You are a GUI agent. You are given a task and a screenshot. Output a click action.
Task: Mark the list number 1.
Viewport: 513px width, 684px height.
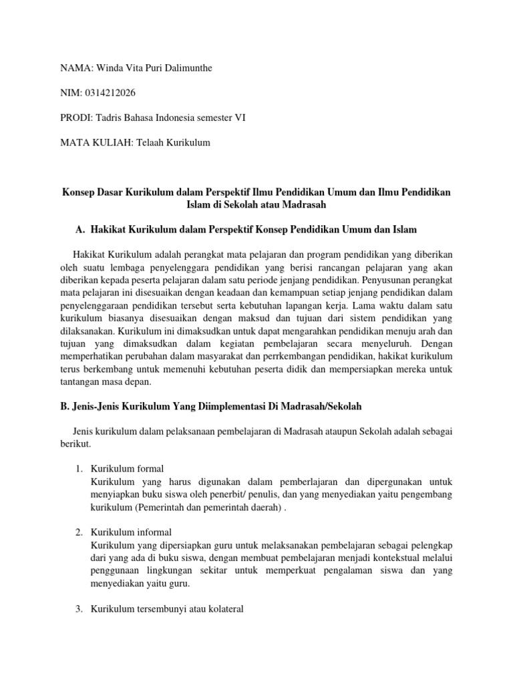pos(78,468)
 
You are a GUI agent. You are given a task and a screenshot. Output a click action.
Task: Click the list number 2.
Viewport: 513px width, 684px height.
pos(78,532)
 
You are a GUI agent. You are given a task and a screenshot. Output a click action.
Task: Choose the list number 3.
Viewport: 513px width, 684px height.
pos(78,609)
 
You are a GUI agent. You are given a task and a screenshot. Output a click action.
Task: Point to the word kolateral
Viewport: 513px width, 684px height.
pos(224,609)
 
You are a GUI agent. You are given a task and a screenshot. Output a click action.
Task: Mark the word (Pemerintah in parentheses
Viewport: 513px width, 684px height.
pos(158,506)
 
